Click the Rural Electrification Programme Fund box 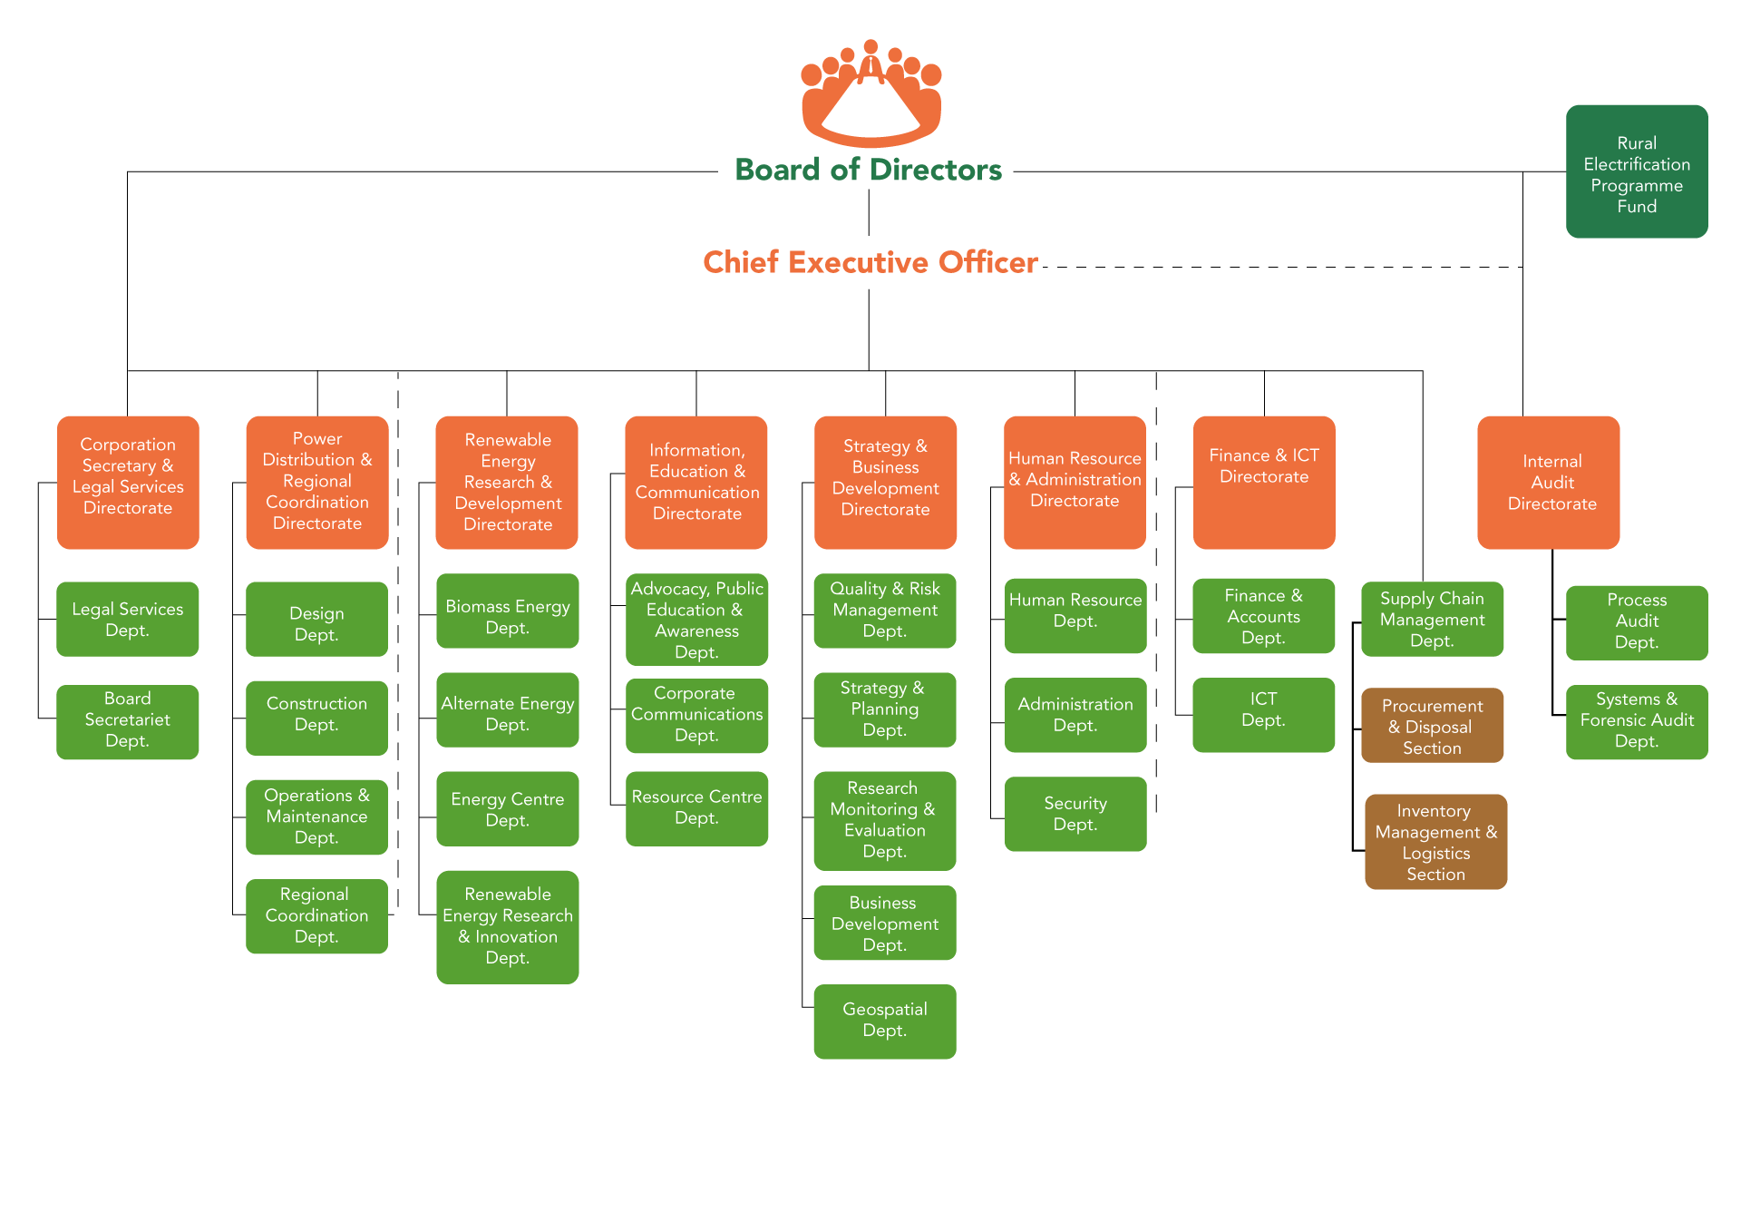pyautogui.click(x=1637, y=172)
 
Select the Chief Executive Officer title pyautogui.click(x=870, y=262)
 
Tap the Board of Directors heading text pyautogui.click(x=868, y=170)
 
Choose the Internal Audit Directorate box pyautogui.click(x=1548, y=482)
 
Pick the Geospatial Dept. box pyautogui.click(x=884, y=1021)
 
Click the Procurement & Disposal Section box pyautogui.click(x=1432, y=726)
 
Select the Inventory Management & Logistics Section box pyautogui.click(x=1435, y=842)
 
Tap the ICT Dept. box pyautogui.click(x=1263, y=714)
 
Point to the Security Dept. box pyautogui.click(x=1075, y=814)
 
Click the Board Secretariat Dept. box pyautogui.click(x=127, y=721)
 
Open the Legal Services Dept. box pyautogui.click(x=127, y=619)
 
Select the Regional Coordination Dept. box pyautogui.click(x=316, y=915)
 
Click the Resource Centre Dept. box pyautogui.click(x=696, y=807)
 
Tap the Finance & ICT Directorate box pyautogui.click(x=1263, y=482)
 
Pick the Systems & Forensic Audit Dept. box pyautogui.click(x=1636, y=721)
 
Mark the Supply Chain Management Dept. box pyautogui.click(x=1432, y=619)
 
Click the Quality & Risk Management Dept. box pyautogui.click(x=884, y=610)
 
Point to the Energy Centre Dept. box pyautogui.click(x=507, y=808)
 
